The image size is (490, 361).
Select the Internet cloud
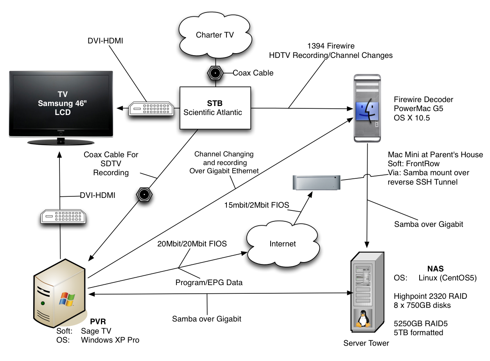coord(282,244)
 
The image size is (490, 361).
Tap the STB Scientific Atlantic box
coord(215,108)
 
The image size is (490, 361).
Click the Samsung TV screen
coord(61,102)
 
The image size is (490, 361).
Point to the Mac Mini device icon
coord(316,183)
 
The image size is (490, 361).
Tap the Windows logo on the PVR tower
coord(66,299)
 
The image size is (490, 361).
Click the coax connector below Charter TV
coord(215,73)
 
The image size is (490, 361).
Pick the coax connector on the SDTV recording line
coord(144,194)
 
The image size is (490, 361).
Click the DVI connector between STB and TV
coord(149,108)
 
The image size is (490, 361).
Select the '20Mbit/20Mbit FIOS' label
coord(192,244)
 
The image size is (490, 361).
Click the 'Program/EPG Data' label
coord(209,282)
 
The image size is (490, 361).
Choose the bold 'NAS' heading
coord(435,268)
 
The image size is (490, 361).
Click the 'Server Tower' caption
coord(366,343)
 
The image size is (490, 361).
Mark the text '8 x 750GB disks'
coord(422,305)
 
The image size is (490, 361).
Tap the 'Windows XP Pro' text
coord(110,339)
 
